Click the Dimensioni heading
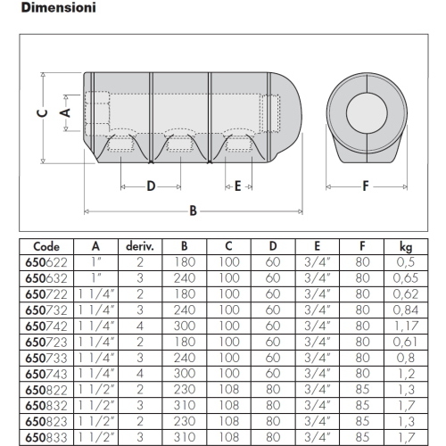[59, 7]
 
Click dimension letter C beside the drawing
[43, 113]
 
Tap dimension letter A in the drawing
[65, 112]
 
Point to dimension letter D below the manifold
[151, 186]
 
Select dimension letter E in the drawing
[237, 186]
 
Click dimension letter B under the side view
[194, 211]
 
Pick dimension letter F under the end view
[366, 186]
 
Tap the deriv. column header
[140, 246]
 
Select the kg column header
[406, 247]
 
